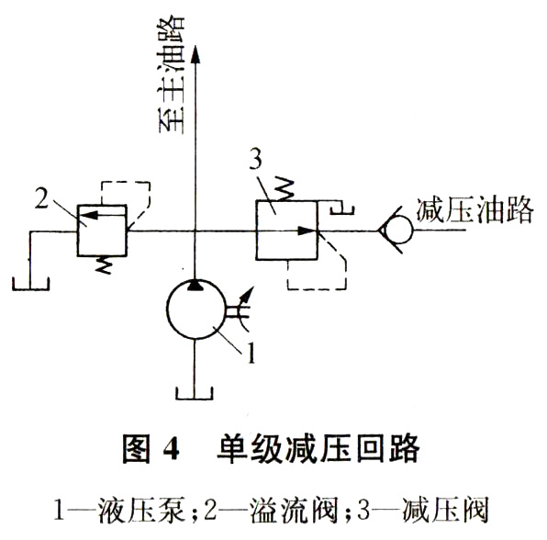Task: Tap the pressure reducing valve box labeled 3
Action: tap(286, 230)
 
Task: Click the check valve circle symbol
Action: tap(396, 230)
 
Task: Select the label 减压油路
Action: tap(474, 210)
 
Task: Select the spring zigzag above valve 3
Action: tap(287, 189)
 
